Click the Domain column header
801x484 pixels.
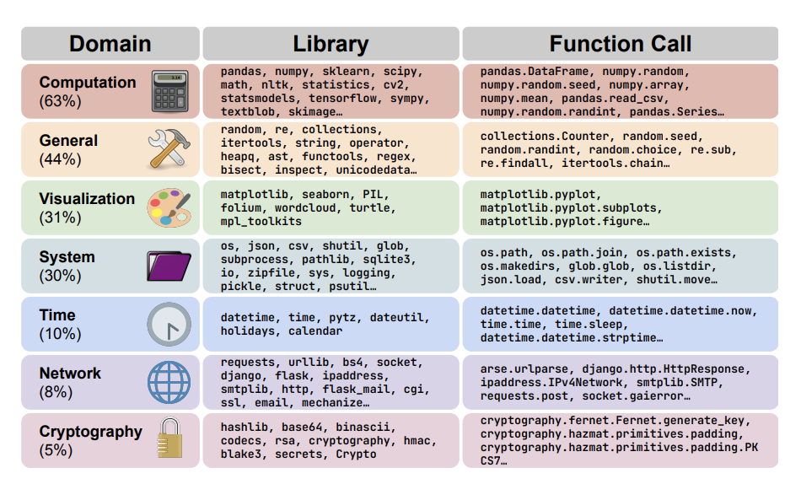[x=110, y=44]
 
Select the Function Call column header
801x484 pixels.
[x=620, y=44]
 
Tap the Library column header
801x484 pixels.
[x=331, y=44]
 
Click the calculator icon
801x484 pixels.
[x=170, y=91]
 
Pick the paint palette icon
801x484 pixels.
[x=169, y=207]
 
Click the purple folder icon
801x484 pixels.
[x=169, y=266]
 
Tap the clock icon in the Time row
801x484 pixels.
[x=169, y=324]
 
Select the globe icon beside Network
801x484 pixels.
[x=169, y=382]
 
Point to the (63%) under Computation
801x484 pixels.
[x=60, y=101]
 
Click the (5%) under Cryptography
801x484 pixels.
[x=56, y=450]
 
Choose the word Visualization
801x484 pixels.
[x=87, y=199]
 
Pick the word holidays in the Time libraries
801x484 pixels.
[x=248, y=331]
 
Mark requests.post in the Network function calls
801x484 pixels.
[x=521, y=395]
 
